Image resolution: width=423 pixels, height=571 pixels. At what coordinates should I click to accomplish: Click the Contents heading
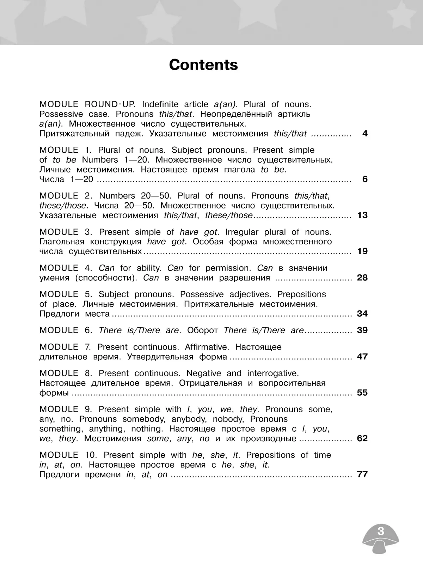point(203,65)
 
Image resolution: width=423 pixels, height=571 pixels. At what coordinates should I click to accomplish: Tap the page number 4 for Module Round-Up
point(365,134)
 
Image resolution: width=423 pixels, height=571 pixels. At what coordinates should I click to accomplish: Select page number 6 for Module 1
point(365,179)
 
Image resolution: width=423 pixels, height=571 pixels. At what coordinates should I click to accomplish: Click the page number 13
point(362,215)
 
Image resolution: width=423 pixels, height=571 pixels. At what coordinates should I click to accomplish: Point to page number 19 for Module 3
point(362,251)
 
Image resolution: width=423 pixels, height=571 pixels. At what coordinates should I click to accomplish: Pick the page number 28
point(362,278)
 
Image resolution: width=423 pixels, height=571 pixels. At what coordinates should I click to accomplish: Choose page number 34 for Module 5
point(362,314)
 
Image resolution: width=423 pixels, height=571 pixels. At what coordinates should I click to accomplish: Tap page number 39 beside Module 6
point(362,330)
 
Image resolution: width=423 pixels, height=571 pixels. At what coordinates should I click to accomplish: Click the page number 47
point(362,357)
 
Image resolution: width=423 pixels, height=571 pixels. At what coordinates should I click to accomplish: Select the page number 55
point(362,393)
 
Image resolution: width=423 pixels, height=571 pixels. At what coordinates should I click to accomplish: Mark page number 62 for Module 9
point(362,438)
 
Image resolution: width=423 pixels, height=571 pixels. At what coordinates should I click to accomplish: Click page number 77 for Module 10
point(362,474)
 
